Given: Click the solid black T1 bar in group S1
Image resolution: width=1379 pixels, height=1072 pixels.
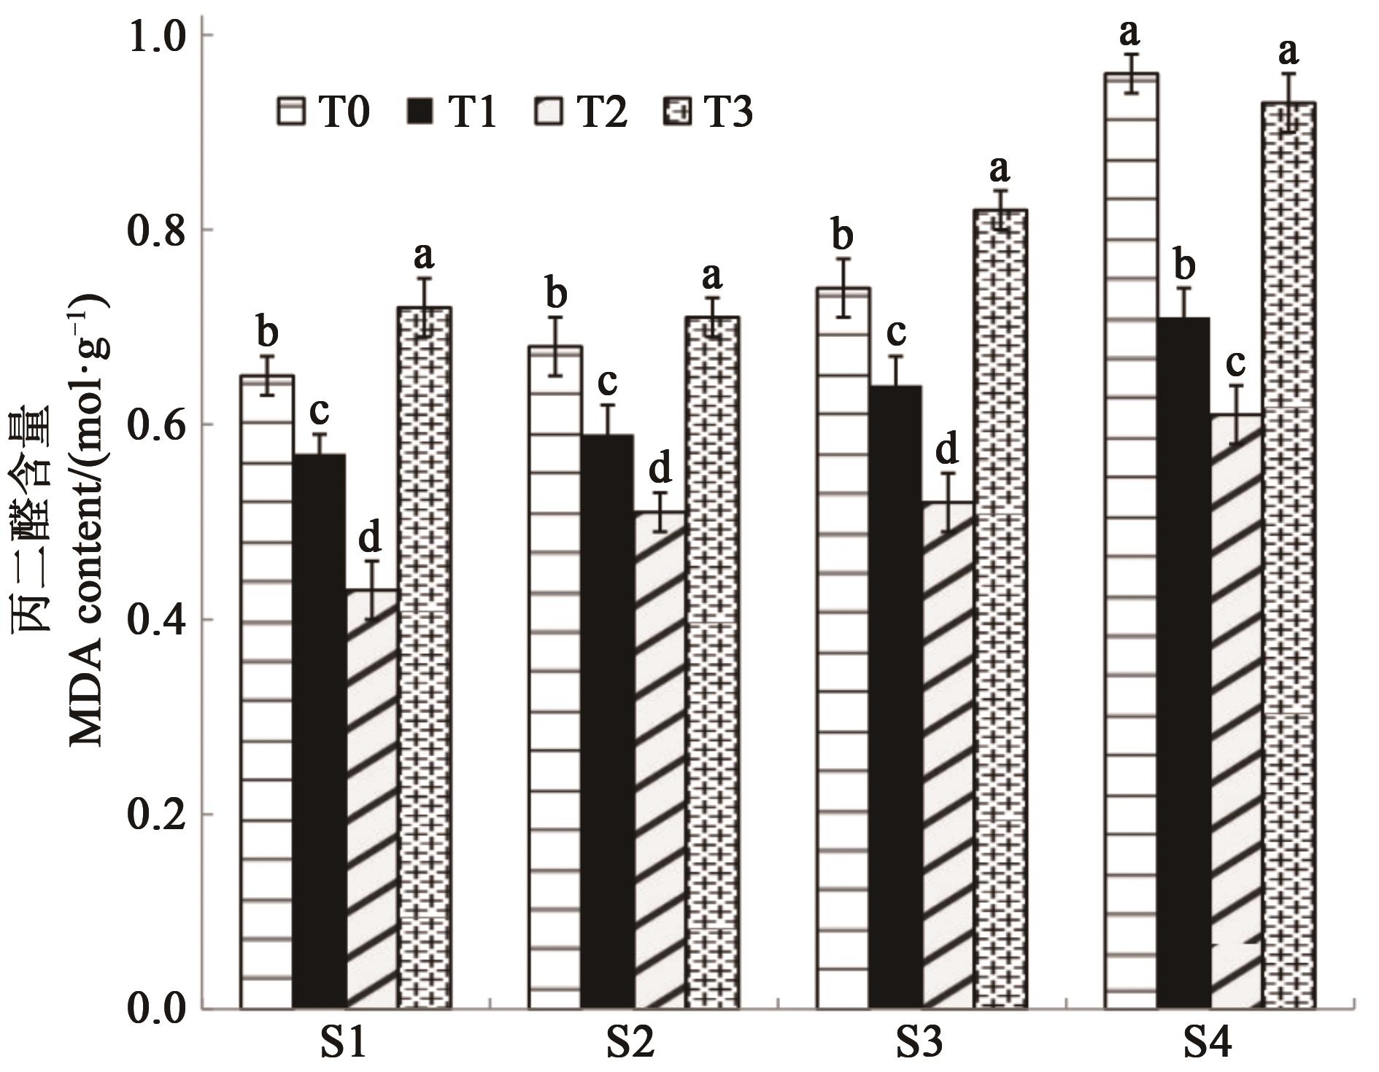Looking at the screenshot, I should [x=319, y=729].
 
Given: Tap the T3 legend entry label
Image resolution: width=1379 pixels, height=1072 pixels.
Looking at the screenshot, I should [x=727, y=113].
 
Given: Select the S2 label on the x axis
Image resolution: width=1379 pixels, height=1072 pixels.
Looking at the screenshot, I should [x=631, y=1044].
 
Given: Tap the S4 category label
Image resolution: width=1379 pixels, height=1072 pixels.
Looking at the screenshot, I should [x=1208, y=1044].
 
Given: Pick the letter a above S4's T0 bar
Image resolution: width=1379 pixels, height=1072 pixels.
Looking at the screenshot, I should [x=1130, y=32].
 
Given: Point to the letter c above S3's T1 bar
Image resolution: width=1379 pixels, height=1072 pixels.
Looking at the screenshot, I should [x=895, y=333].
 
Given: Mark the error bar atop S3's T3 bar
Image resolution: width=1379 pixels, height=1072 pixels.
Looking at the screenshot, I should [x=1000, y=210].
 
